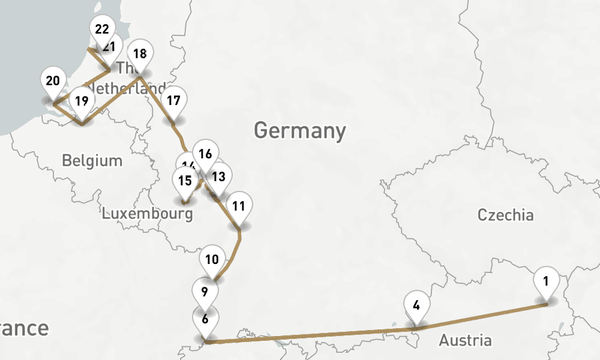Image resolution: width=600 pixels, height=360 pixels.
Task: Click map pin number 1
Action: pyautogui.click(x=546, y=283)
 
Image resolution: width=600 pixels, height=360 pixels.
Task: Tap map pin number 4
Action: pyautogui.click(x=416, y=305)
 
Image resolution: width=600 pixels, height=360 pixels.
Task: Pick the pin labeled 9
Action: pyautogui.click(x=205, y=293)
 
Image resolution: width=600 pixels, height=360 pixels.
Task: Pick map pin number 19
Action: pyautogui.click(x=82, y=102)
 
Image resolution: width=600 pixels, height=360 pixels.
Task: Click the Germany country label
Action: pyautogui.click(x=300, y=130)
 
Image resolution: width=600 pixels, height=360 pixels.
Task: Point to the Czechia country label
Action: pyautogui.click(x=505, y=215)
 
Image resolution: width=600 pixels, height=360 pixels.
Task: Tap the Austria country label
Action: pyautogui.click(x=465, y=341)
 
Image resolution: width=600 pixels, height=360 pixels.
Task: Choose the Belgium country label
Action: pyautogui.click(x=92, y=161)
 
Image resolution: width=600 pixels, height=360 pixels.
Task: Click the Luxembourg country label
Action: pyautogui.click(x=148, y=214)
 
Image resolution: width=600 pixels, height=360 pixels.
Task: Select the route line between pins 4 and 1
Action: pyautogui.click(x=480, y=316)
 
